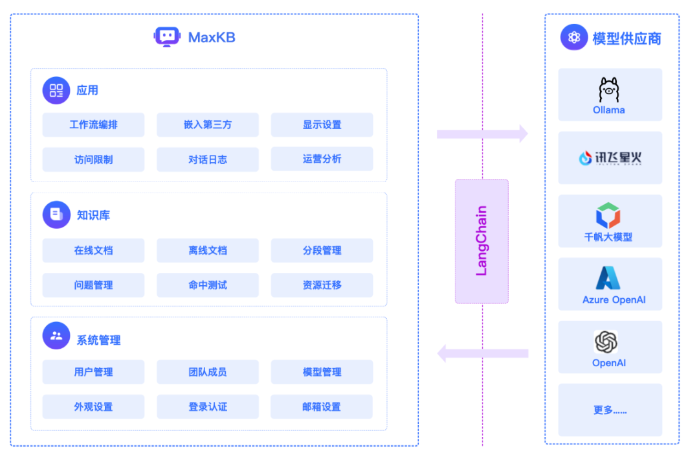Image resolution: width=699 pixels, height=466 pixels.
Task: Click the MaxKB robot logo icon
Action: [x=167, y=37]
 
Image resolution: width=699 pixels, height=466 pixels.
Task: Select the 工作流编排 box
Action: [x=93, y=124]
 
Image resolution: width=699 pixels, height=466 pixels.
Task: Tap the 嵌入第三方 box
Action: [x=207, y=124]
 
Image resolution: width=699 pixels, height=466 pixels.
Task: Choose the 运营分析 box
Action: [x=322, y=159]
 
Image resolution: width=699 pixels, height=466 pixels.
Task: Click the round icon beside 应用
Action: [x=56, y=90]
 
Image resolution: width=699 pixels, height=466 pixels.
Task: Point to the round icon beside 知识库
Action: [x=56, y=215]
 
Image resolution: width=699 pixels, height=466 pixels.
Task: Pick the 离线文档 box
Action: [x=207, y=250]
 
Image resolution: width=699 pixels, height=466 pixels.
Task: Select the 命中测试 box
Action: [x=207, y=285]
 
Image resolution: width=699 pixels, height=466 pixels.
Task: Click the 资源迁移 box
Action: [x=322, y=285]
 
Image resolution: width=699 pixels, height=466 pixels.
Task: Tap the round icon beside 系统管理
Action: [x=56, y=336]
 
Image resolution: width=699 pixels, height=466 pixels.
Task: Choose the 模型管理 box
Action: [x=322, y=372]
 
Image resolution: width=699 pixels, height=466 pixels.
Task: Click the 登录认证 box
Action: [x=207, y=407]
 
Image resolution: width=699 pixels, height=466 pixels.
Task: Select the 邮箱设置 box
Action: [x=322, y=407]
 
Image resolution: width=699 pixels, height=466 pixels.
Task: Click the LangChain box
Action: [x=482, y=241]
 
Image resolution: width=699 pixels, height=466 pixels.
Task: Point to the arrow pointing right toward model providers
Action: [x=482, y=134]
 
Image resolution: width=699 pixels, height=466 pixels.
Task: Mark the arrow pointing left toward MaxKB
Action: [x=482, y=353]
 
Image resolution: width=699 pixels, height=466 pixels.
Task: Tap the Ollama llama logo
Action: [x=609, y=90]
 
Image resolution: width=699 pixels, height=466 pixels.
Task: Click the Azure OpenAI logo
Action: [x=608, y=278]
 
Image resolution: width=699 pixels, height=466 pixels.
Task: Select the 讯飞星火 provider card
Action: [x=610, y=157]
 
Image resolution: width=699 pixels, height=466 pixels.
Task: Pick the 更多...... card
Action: [x=610, y=410]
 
